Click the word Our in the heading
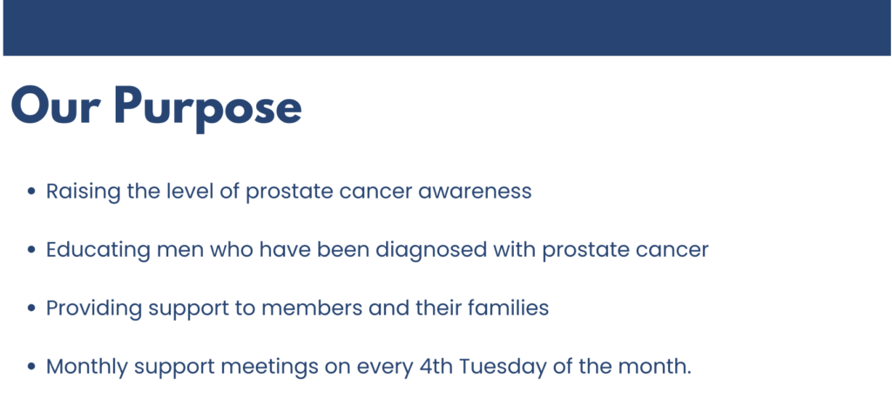55,107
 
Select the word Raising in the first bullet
83,192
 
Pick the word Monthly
86,367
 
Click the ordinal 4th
429,367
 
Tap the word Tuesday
503,367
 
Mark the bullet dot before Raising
31,192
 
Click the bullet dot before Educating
31,250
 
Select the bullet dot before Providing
31,308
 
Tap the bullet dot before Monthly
31,367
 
